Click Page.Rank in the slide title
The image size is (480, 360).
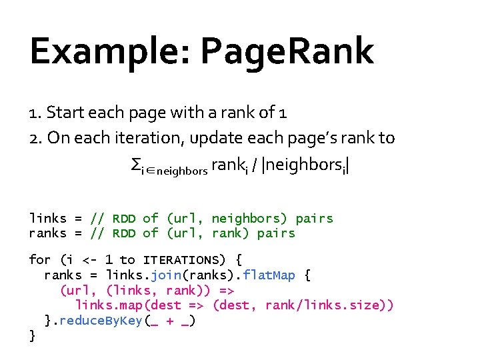(287, 51)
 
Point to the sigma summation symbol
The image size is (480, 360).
(135, 163)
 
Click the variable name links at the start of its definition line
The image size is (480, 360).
(47, 219)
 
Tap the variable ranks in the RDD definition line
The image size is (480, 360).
(47, 233)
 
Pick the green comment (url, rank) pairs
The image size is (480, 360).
(230, 233)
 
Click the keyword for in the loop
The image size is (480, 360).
(40, 260)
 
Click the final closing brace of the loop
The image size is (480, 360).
(33, 336)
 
